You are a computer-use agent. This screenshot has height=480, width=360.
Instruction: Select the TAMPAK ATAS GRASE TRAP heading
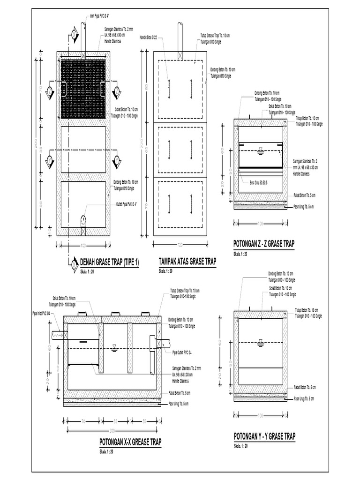[187, 262]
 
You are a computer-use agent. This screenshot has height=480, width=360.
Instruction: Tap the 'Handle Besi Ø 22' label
[149, 36]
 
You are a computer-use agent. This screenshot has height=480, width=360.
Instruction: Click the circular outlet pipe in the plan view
[82, 221]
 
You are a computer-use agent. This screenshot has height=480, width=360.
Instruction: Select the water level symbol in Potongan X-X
[114, 348]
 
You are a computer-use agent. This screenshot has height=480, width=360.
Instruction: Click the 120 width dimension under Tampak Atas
[180, 245]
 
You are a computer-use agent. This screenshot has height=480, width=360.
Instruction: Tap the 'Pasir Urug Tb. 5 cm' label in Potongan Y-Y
[304, 398]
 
